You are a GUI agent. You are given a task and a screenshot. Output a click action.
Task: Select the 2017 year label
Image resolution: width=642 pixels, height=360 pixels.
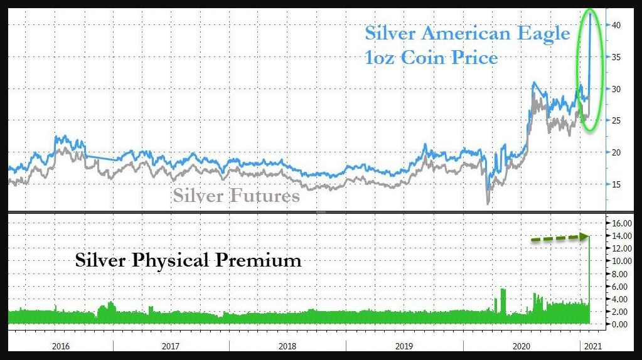coord(171,346)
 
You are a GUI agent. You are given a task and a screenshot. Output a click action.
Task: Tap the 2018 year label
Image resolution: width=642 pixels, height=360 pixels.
coord(287,346)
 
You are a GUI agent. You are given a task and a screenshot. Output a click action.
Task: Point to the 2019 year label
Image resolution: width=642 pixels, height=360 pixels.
coord(404,346)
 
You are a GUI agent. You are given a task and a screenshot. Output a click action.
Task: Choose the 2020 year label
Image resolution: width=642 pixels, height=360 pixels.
coord(522,346)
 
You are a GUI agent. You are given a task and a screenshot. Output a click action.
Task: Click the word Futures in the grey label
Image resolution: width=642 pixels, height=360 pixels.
coord(264,196)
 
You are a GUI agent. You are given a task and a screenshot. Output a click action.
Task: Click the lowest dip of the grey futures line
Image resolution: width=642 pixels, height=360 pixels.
coord(488,202)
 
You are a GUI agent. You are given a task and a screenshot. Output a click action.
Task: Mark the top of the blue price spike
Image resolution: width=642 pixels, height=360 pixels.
coord(590,14)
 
